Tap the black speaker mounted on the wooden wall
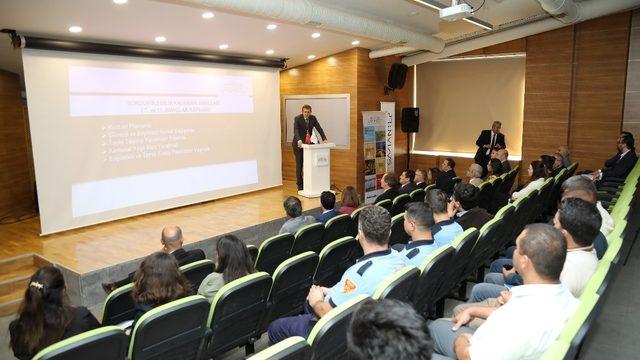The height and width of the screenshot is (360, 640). [397, 76]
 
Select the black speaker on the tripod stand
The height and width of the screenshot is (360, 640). [410, 120]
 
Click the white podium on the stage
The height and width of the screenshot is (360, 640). [317, 168]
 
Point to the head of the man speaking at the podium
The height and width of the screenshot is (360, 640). [307, 110]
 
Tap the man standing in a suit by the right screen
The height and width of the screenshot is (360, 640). [490, 146]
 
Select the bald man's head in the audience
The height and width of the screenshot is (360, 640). [172, 238]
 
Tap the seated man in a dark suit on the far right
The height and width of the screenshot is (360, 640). [619, 160]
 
